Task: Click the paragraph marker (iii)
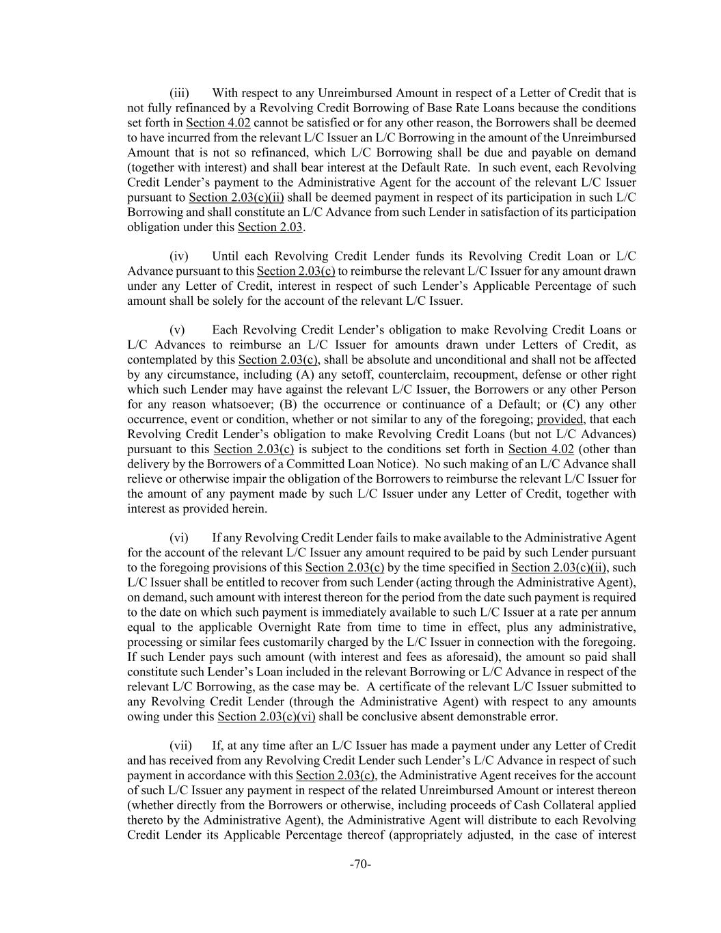179,93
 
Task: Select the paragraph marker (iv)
179,256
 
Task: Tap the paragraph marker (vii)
180,746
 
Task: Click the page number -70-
360,865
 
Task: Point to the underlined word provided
560,420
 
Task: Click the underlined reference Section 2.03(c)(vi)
267,717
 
